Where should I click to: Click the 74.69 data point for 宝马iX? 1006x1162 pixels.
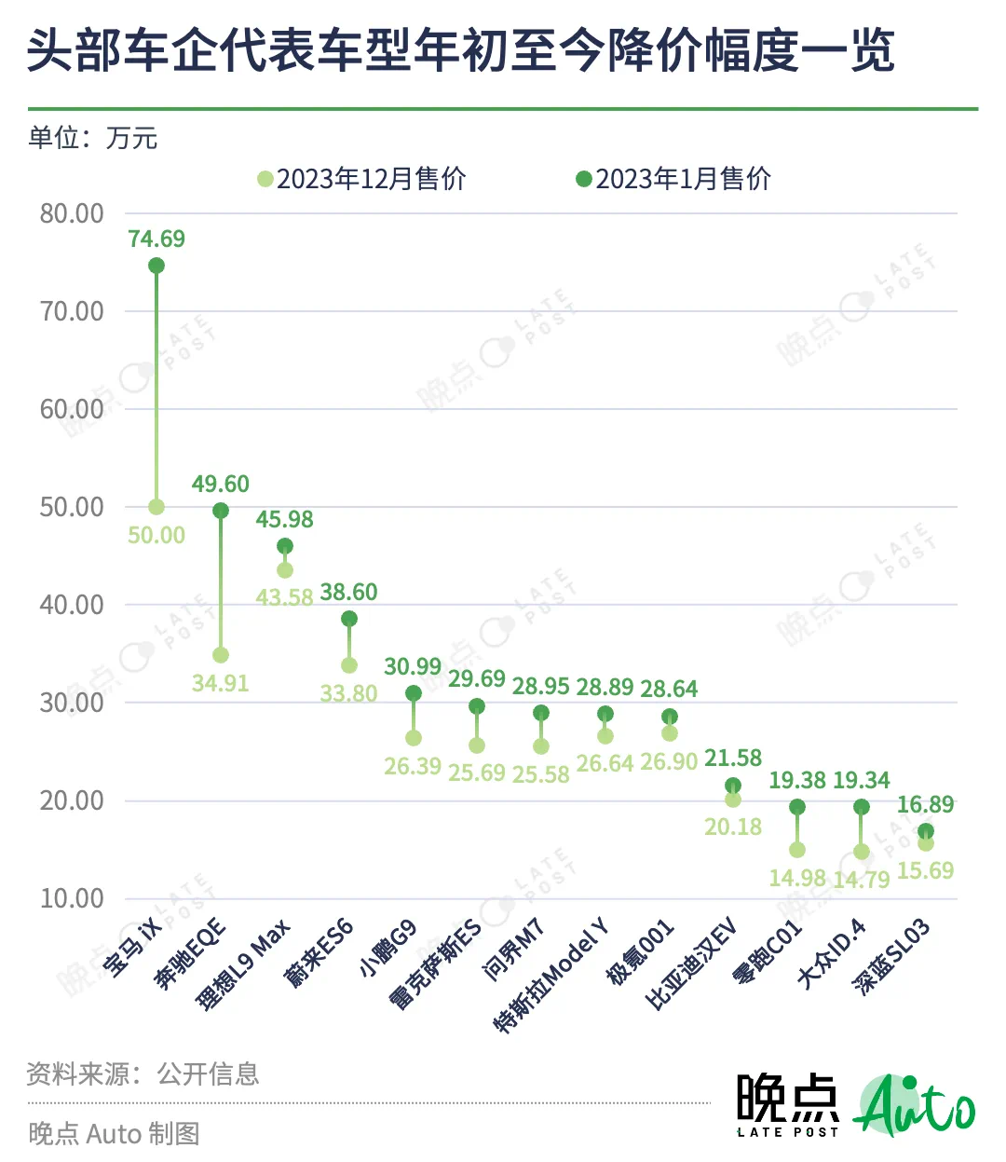[x=156, y=266]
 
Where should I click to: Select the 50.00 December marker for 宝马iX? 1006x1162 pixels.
[x=156, y=507]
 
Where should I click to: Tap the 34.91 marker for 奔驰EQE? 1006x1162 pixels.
[x=221, y=655]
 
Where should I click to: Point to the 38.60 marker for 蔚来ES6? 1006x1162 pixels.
[x=349, y=619]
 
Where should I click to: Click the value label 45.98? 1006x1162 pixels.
[x=285, y=519]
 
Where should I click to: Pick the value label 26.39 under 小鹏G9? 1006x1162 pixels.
[x=413, y=766]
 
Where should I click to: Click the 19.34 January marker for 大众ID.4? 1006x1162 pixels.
[x=862, y=807]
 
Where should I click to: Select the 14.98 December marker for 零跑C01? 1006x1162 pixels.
[x=797, y=850]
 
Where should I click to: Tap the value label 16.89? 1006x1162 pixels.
[x=925, y=804]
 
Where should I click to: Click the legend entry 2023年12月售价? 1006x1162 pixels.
[x=363, y=179]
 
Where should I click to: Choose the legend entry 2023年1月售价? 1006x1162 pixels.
[x=674, y=179]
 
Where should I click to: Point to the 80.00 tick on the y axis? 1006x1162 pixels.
[x=72, y=213]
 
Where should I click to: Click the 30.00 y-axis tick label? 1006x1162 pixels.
[x=72, y=703]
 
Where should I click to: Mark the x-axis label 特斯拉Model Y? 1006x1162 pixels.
[x=552, y=975]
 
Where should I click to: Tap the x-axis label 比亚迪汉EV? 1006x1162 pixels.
[x=691, y=964]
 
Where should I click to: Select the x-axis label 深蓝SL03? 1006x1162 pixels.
[x=893, y=956]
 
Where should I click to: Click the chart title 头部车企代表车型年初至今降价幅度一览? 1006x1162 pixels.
[x=461, y=50]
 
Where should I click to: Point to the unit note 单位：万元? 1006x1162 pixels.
[x=93, y=138]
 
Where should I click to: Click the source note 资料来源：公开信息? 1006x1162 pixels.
[x=143, y=1074]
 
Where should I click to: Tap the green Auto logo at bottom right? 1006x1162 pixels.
[x=915, y=1106]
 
